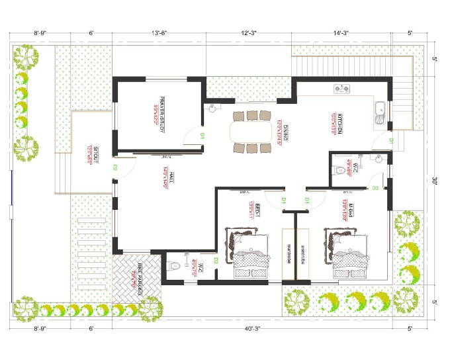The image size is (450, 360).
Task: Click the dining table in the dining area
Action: tap(251, 132)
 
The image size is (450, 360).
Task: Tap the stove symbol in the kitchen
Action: tap(341, 89)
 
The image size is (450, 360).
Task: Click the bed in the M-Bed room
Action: tap(347, 253)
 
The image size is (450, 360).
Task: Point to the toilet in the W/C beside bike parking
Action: tap(175, 267)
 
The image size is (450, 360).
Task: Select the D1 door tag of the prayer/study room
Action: tap(202, 136)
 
